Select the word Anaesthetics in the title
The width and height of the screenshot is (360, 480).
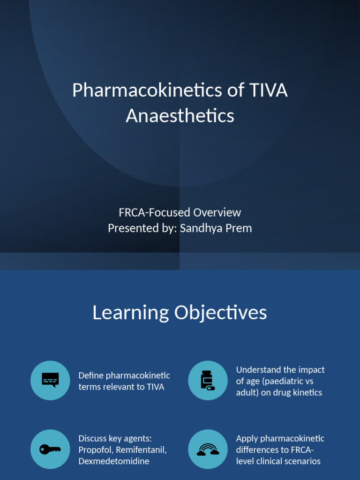[180, 115]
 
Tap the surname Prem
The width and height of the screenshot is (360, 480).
[238, 228]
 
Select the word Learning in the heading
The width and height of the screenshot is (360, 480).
[131, 313]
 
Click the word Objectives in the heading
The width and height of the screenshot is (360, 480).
[220, 313]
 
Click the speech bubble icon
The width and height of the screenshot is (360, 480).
[50, 380]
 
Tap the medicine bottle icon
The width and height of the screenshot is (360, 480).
[208, 380]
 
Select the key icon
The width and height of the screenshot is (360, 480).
[50, 449]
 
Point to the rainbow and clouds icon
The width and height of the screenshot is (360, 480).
[208, 449]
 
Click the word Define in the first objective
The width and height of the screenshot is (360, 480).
[90, 375]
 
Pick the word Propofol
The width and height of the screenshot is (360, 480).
[96, 450]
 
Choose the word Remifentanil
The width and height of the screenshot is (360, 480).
[141, 450]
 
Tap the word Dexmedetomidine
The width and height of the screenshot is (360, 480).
[114, 461]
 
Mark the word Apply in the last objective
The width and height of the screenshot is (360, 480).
[247, 439]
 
